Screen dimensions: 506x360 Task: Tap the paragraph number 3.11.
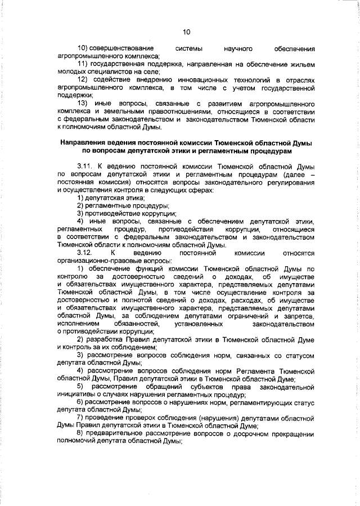click(86, 168)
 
